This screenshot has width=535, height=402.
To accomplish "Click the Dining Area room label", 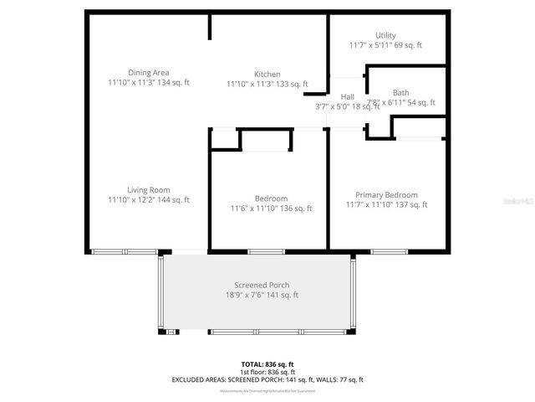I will click(149, 73).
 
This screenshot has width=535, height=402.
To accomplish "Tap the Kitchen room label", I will click(267, 74).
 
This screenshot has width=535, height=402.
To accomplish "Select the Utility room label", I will click(385, 35).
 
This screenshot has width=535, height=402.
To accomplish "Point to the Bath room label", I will click(401, 92).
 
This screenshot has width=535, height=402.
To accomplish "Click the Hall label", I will click(347, 97).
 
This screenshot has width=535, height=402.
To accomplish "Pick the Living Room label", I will click(149, 190).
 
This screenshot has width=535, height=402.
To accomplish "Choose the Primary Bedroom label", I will click(386, 194).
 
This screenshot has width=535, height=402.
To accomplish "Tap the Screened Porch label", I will click(262, 285).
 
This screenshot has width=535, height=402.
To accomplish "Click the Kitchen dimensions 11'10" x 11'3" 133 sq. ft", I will click(267, 84).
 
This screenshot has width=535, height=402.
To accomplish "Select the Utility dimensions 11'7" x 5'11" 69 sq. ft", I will click(385, 45).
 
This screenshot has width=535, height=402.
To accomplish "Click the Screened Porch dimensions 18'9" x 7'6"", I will click(262, 295).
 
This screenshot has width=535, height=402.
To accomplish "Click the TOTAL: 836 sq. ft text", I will click(267, 364).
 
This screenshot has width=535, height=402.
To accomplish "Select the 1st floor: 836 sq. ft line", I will click(267, 372).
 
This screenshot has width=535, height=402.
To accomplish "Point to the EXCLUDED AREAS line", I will click(267, 380).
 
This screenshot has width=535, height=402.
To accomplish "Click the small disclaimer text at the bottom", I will click(267, 391).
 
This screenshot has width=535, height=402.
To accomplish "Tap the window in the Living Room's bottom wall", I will click(124, 251).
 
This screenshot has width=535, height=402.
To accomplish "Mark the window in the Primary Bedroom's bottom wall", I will click(388, 251).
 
